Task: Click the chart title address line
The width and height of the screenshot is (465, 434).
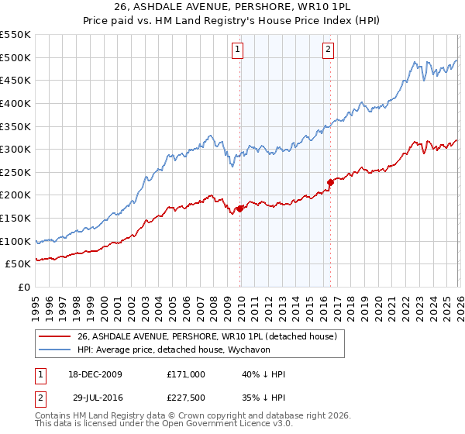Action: (232, 7)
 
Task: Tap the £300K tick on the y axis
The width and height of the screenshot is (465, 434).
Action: (15, 149)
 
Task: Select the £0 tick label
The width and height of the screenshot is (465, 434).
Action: (23, 287)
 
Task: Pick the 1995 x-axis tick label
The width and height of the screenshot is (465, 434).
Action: (36, 304)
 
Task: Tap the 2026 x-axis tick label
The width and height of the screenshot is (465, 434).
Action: (458, 304)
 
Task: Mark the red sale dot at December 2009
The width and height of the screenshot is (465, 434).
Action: (240, 208)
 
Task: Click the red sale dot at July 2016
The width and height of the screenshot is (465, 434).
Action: (330, 182)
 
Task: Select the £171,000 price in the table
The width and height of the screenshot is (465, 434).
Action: (186, 374)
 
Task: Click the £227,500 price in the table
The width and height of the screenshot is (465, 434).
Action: (186, 397)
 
